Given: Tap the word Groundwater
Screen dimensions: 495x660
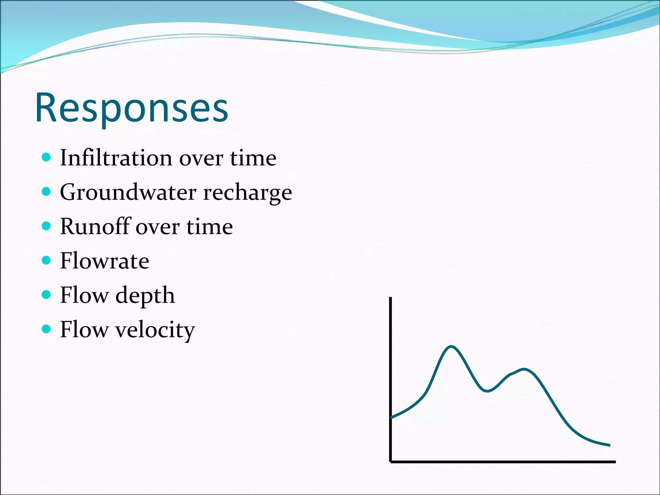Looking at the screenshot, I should coord(128,192).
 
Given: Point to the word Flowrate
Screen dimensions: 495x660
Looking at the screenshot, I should coord(104,261).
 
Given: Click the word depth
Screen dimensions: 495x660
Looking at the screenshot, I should coord(145,296).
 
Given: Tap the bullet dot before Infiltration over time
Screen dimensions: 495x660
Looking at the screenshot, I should coord(46,157).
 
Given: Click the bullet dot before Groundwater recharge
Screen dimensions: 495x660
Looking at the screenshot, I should coord(46,192).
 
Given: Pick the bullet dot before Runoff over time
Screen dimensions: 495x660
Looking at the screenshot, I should coord(46,226).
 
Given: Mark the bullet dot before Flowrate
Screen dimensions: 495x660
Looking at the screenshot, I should coord(46,260).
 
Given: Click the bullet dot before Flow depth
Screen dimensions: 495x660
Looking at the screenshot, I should coord(46,295).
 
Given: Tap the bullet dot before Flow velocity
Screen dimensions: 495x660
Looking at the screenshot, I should coord(46,329).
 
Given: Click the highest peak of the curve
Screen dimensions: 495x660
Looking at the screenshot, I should coord(451,347).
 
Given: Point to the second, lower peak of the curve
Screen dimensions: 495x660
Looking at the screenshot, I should coord(525,369).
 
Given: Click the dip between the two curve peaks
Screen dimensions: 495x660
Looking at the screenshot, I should coord(487,391).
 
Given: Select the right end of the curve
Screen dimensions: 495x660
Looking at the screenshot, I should coord(609,445).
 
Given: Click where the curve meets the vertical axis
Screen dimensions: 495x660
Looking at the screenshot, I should coord(391,418).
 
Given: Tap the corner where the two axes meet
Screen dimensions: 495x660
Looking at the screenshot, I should coord(391,461).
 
